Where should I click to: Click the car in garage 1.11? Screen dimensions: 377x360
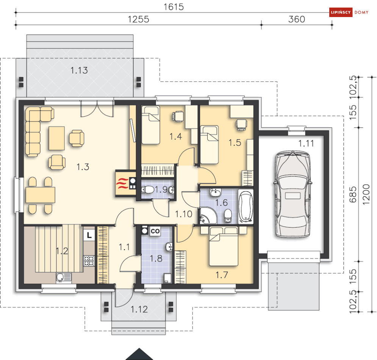tap(293, 194)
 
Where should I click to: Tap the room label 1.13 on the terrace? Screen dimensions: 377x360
tap(79, 70)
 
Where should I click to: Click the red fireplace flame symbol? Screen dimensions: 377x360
tap(122, 184)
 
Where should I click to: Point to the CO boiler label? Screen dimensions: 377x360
tap(155, 231)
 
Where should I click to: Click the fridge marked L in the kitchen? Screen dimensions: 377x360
tap(89, 235)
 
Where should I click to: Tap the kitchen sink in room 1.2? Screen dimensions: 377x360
tap(64, 277)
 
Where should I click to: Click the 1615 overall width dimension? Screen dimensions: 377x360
tap(174, 7)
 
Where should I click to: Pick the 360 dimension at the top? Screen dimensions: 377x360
tap(297, 19)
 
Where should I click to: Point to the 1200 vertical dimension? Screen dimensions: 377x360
tap(366, 194)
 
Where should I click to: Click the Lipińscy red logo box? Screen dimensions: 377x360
tap(341, 12)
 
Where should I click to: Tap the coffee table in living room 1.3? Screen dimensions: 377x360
tap(57, 138)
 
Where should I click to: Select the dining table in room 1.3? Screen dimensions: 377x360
tap(41, 195)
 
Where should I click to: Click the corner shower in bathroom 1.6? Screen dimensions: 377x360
tap(208, 215)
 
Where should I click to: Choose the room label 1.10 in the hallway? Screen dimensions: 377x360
tap(184, 214)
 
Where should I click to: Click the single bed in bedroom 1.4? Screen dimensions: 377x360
tap(151, 125)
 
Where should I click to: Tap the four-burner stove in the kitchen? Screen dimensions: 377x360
tap(89, 261)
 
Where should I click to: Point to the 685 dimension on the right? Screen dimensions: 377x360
tap(353, 195)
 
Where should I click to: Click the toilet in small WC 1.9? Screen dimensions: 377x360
tap(147, 190)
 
